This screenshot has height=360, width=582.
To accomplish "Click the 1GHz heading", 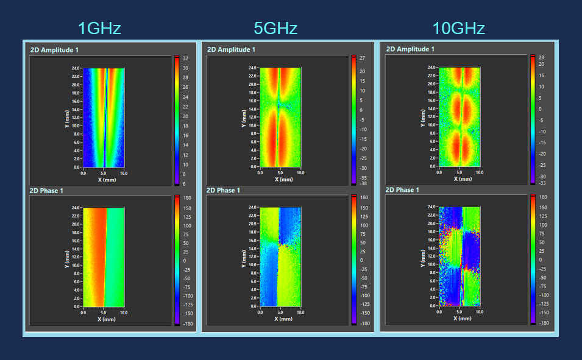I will (99, 28).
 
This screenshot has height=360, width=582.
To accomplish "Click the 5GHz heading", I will (275, 28).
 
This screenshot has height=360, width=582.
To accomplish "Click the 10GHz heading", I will (458, 28).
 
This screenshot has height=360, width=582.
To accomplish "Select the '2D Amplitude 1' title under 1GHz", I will (54, 49).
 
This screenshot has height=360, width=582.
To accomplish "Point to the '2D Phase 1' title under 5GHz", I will (224, 191).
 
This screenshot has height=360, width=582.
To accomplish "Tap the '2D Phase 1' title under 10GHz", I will (403, 190).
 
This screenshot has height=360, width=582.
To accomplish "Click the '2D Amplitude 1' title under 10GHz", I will (410, 49).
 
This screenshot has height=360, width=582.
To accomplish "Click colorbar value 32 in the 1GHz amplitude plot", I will (185, 58).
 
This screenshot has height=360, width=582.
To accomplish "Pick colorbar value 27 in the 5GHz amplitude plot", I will (362, 58).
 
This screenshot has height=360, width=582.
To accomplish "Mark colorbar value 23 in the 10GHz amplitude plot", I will (541, 58).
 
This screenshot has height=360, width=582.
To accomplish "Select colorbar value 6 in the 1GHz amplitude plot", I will (185, 183).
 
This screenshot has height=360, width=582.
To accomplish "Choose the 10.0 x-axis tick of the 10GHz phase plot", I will (479, 312).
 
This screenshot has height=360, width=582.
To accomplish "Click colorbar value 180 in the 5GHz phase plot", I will (363, 198).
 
